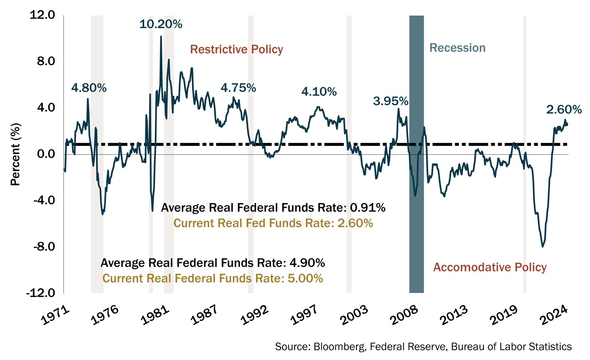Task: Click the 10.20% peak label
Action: click(160, 24)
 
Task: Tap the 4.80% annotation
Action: click(89, 88)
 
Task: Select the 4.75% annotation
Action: click(238, 88)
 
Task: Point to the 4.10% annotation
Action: click(319, 92)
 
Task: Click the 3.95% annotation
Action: click(390, 101)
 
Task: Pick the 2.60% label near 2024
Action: click(564, 110)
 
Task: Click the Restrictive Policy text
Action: click(236, 49)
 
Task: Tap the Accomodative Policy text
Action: click(490, 267)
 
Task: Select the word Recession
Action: click(457, 48)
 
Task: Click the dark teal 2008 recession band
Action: click(416, 215)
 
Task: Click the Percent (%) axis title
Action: click(16, 154)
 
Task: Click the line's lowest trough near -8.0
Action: click(543, 246)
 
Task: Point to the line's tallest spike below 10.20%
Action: click(161, 37)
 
